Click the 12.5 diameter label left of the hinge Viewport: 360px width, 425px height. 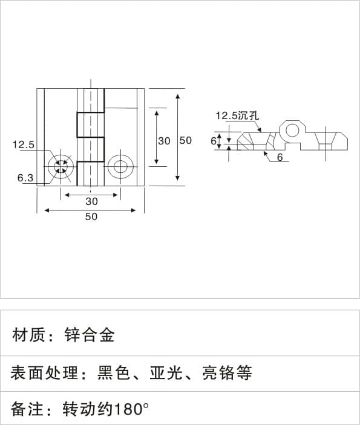coord(24,144)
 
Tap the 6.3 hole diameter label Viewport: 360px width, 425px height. coord(25,178)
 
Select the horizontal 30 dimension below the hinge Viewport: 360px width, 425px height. coord(92,201)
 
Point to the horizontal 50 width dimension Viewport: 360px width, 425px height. coord(91,216)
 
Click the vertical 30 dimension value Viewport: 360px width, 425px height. coord(164,141)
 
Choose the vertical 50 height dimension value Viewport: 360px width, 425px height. coord(186,140)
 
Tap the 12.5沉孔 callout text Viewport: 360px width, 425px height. coord(237,115)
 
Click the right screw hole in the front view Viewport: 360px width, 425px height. coord(121,166)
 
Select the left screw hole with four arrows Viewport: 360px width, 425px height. coord(61,166)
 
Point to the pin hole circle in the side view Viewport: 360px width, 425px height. coord(292,131)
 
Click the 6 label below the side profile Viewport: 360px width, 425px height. coord(280,157)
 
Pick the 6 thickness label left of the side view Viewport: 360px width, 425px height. coord(214,141)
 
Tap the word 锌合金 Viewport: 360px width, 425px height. coord(90,335)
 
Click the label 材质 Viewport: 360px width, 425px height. coord(28,335)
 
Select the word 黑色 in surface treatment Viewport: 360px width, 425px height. coord(113,372)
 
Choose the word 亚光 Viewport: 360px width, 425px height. coord(166,372)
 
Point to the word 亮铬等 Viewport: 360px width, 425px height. coord(227,372)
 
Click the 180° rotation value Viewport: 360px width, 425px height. coord(131,409)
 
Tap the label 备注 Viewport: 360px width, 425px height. coord(27,409)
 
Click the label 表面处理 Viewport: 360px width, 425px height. coord(44,372)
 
